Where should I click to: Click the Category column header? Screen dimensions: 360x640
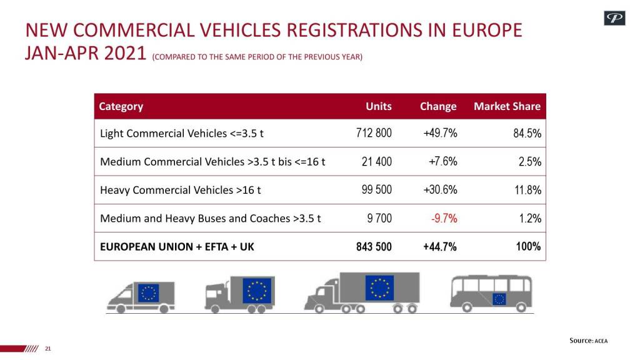[x=121, y=106]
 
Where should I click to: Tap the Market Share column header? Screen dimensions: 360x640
[x=507, y=106]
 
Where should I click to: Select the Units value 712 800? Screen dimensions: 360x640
[x=374, y=133]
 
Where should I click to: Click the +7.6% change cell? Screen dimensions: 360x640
[x=442, y=161]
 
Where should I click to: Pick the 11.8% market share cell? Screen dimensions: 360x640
[x=527, y=190]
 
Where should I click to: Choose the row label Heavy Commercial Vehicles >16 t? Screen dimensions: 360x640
[x=181, y=190]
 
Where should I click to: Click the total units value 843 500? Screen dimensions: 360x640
[x=374, y=247]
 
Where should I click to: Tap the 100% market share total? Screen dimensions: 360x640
[x=528, y=246]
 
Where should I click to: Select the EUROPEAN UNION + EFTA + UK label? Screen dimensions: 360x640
[x=177, y=247]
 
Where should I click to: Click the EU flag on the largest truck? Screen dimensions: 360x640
[x=380, y=287]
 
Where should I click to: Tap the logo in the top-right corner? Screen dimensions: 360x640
[x=614, y=19]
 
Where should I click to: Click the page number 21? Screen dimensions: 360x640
[x=47, y=349]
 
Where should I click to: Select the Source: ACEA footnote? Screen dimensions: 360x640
[x=588, y=341]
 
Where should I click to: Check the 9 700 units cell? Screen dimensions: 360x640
[x=378, y=218]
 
